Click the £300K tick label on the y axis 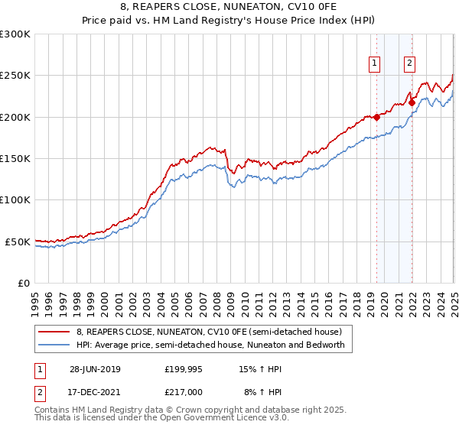pyautogui.click(x=15, y=34)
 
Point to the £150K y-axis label pyautogui.click(x=15, y=158)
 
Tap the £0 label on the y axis pyautogui.click(x=24, y=283)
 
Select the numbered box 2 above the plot pyautogui.click(x=410, y=64)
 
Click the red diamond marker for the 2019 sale pyautogui.click(x=376, y=117)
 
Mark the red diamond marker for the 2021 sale pyautogui.click(x=412, y=102)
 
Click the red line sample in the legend pyautogui.click(x=54, y=332)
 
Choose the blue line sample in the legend pyautogui.click(x=54, y=345)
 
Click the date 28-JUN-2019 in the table pyautogui.click(x=95, y=369)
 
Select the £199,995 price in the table pyautogui.click(x=184, y=369)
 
